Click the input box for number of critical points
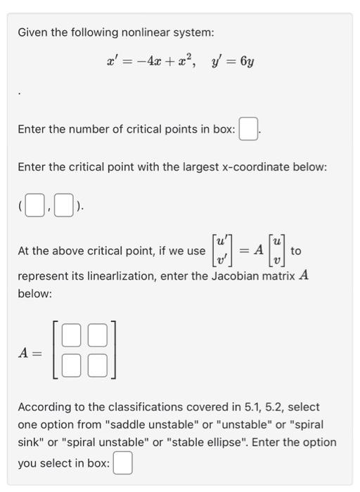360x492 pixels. (247, 130)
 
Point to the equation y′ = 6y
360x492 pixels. (232, 61)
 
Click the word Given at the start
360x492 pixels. (32, 32)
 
